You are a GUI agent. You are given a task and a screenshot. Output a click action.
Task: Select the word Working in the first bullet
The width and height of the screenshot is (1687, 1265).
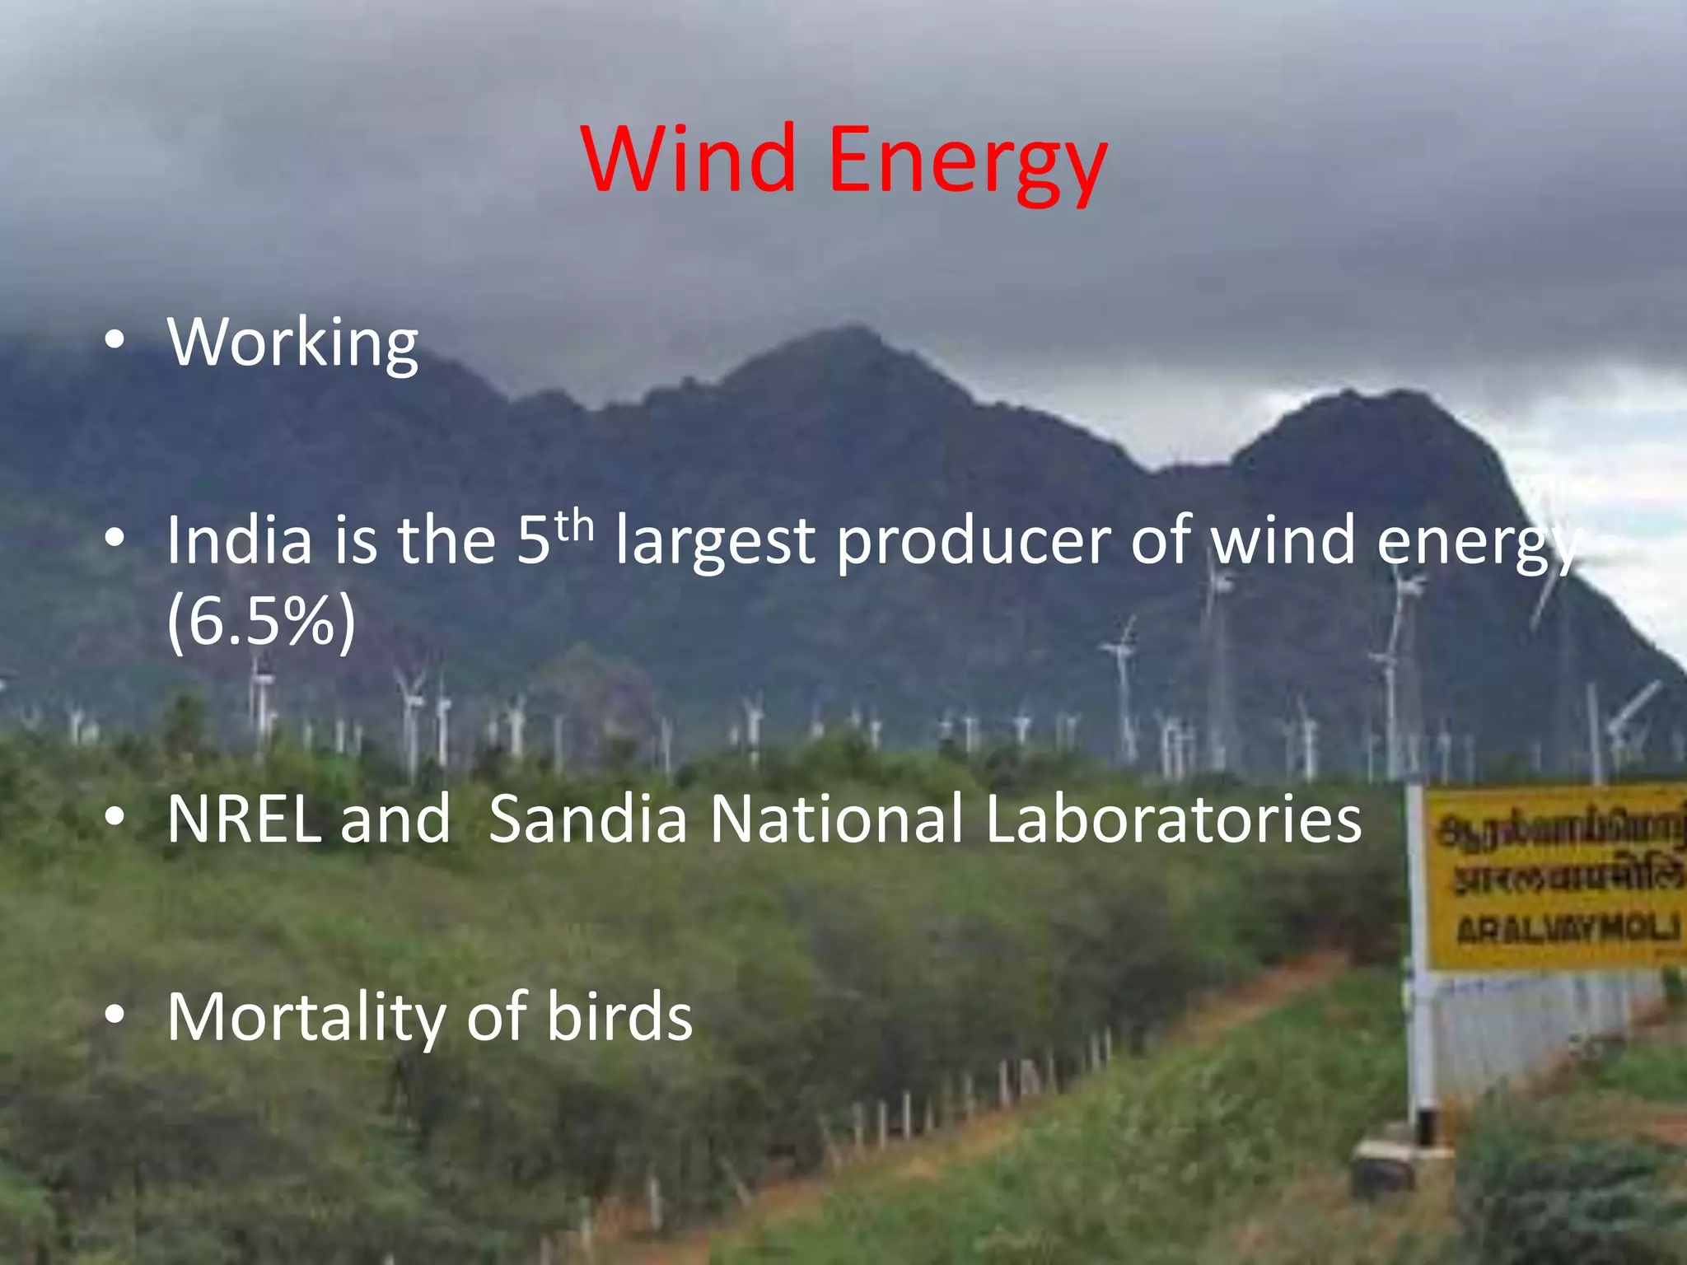[292, 343]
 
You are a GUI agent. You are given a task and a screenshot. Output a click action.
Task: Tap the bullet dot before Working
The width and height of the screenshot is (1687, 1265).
[115, 339]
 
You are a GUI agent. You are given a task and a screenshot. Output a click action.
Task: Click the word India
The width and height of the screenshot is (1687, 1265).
[240, 540]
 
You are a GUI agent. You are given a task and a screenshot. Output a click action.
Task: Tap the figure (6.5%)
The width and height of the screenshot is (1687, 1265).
[261, 621]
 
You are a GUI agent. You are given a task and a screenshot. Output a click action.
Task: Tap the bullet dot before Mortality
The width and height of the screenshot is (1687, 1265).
[115, 1015]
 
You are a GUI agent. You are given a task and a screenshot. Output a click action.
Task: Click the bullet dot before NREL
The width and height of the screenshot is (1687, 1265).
[115, 816]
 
